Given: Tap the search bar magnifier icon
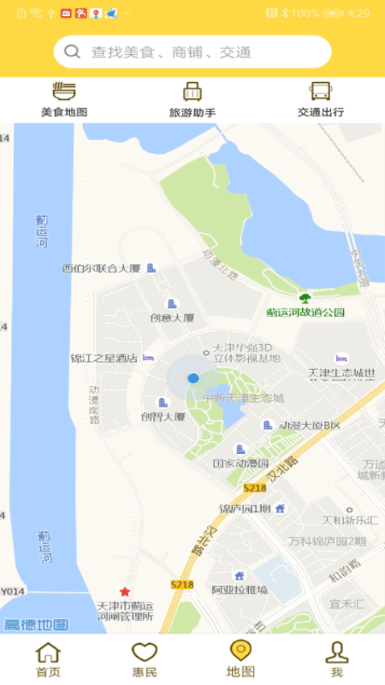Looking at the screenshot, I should pos(72,52).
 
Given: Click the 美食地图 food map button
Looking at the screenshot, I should pos(64,100).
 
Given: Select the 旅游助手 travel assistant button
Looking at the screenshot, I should pos(192,100).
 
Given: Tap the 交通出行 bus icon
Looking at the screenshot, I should pos(321,90).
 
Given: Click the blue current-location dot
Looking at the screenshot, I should pos(193,378).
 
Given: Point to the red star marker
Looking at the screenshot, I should pos(125,592).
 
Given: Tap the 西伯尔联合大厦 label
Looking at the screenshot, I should pos(101,268).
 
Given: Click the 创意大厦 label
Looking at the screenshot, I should pos(172,318).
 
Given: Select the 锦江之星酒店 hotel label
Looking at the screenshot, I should pos(105,358).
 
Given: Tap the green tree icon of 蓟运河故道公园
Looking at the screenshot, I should pos(304,297).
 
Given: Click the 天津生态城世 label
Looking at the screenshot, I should pos(342,373).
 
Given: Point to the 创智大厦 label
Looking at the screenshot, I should pos(164,417).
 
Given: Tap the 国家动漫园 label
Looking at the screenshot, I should pos(241,463).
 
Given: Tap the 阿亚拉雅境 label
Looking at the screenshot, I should pos(239,589).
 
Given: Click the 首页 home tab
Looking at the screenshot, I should pos(48,659).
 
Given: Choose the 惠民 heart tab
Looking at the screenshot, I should pos(144,659).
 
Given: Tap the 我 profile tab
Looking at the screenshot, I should pos(337,659).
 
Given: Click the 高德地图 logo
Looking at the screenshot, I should pos(35,625).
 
